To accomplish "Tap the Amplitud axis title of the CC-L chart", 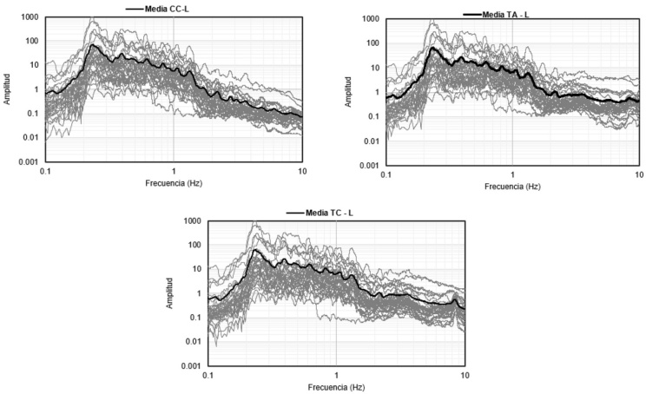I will tap(7, 89).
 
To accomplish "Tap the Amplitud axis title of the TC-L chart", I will tap(171, 293).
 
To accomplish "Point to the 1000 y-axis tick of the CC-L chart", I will tap(28, 17).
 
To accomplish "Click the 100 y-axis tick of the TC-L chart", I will tap(194, 245).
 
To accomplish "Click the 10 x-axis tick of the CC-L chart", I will tap(301, 171).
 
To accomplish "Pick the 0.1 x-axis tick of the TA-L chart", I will tap(386, 174).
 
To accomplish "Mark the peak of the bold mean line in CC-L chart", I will tap(93, 45).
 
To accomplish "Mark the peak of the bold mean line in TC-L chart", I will tap(255, 250).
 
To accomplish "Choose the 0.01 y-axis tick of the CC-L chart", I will tap(31, 137).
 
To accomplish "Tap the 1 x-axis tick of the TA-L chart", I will tap(513, 174).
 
